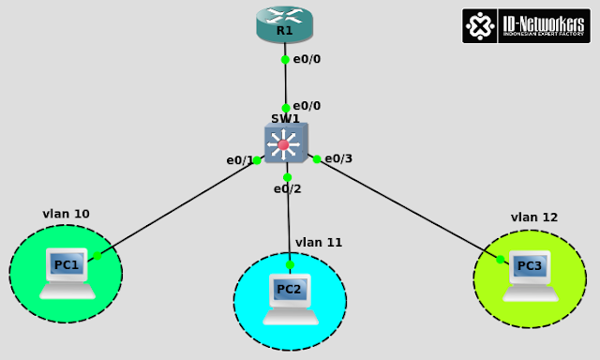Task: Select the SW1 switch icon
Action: point(284,144)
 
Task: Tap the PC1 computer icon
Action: point(67,272)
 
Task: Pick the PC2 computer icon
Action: point(289,296)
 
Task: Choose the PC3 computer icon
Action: point(530,273)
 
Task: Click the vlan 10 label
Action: point(66,214)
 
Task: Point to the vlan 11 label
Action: point(319,242)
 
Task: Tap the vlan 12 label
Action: point(534,217)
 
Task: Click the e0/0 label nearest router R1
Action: point(307,59)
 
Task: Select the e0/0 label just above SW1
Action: point(307,105)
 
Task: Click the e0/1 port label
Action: point(239,160)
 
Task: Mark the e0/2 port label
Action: point(287,188)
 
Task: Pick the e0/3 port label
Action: point(338,158)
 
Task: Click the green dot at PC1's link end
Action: point(97,255)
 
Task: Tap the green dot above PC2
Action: point(290,264)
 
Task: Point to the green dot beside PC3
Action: point(501,259)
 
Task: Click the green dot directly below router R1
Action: point(285,59)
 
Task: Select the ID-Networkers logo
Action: point(525,25)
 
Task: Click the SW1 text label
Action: point(285,119)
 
